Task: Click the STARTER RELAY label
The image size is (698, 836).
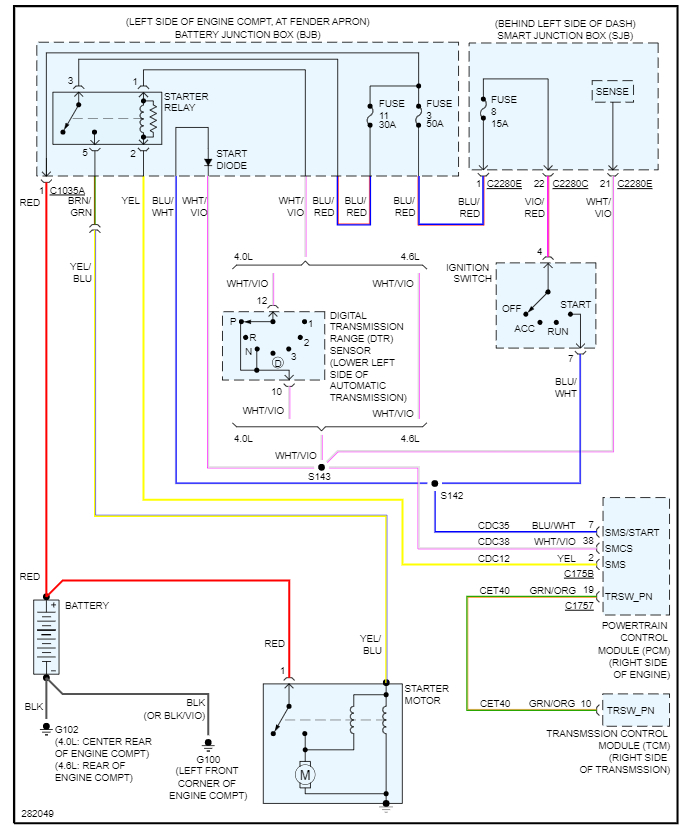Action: point(186,103)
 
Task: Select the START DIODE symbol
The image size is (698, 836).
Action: point(207,161)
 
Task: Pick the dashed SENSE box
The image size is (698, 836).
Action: point(612,91)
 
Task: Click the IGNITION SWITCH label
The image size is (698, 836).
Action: point(468,273)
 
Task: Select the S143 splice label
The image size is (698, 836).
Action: point(320,478)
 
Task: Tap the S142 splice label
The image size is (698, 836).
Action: point(451,495)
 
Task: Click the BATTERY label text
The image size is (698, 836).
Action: point(87,606)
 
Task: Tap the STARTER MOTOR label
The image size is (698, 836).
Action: point(427,695)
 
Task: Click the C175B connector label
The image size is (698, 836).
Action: point(579,575)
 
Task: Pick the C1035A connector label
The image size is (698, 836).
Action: point(66,189)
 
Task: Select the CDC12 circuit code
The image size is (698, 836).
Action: point(495,558)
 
